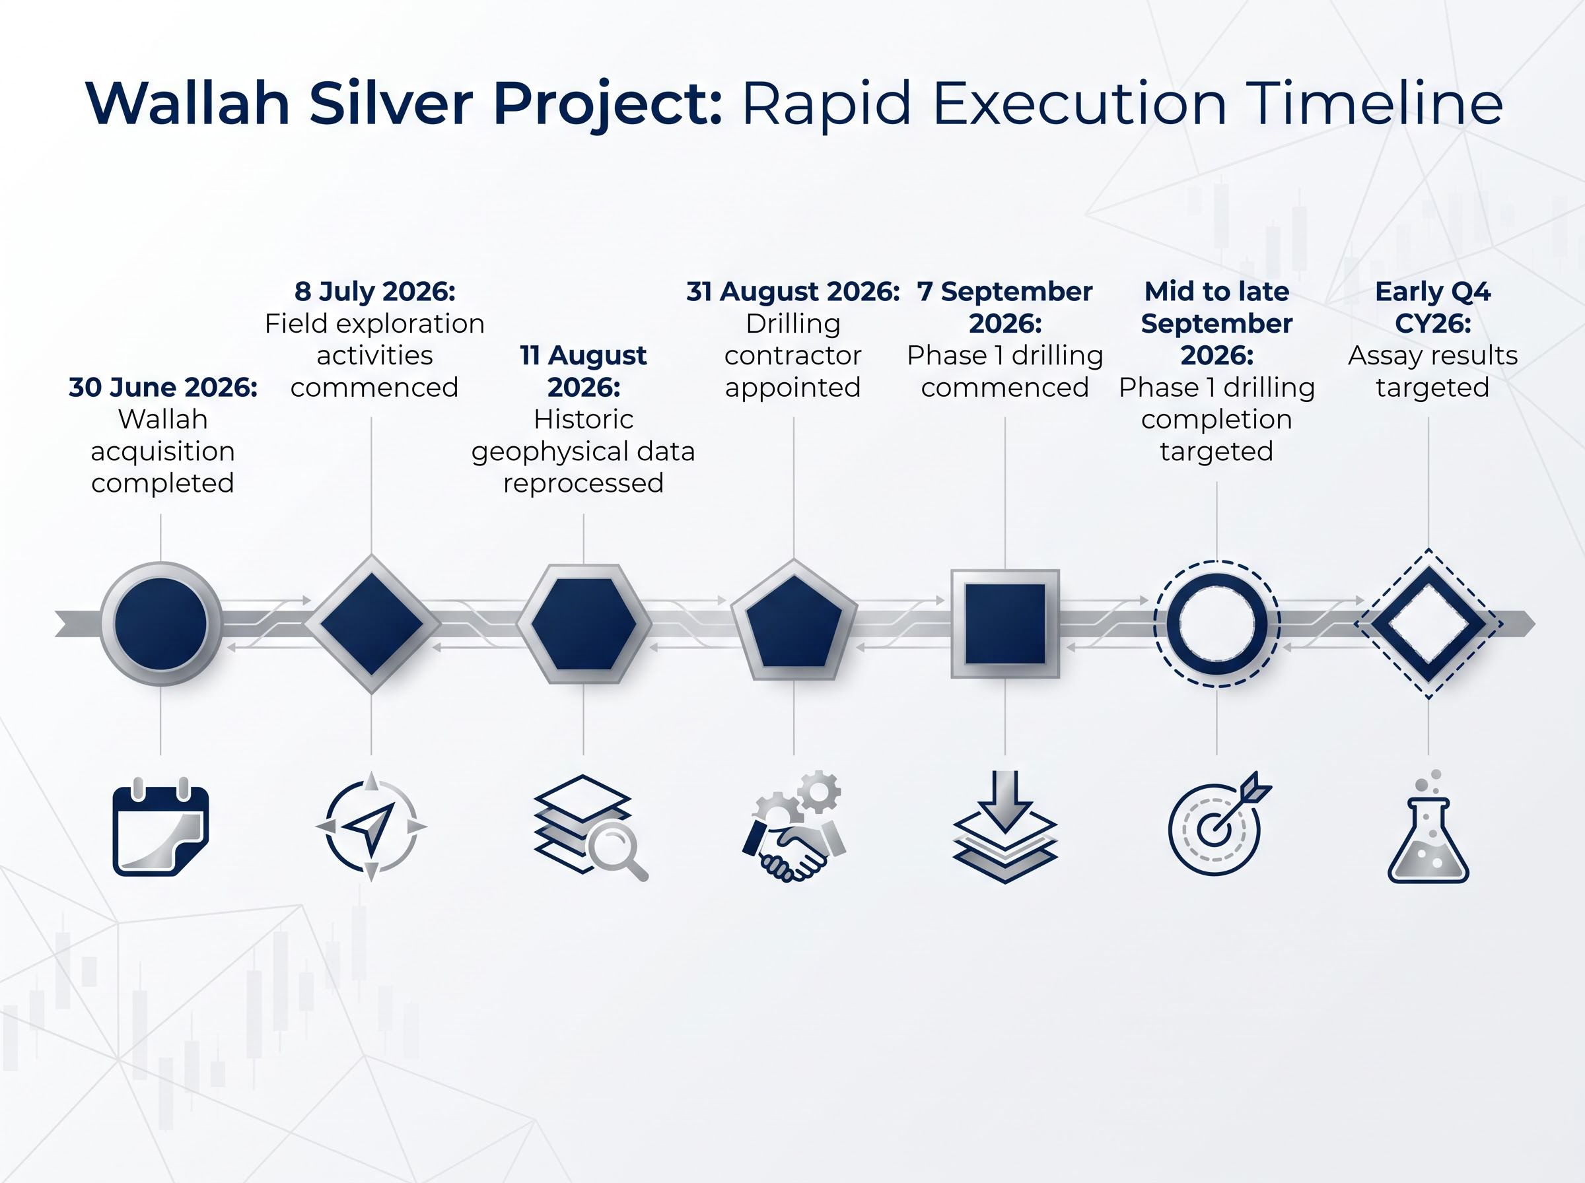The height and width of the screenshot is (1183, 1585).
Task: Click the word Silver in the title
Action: point(390,103)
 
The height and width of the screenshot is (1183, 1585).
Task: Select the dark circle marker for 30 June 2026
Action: point(160,624)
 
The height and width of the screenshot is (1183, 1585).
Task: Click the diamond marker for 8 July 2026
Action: point(372,624)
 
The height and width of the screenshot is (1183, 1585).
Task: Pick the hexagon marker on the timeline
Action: point(584,624)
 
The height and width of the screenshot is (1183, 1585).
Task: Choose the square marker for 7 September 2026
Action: point(1005,624)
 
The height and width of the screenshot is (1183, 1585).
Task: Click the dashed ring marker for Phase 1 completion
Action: point(1217,624)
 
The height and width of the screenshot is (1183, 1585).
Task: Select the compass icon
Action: point(371,827)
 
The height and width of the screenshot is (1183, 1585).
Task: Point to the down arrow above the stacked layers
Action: point(1005,801)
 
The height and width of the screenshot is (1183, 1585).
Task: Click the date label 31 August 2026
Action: point(793,291)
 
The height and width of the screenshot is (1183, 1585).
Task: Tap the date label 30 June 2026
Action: point(162,388)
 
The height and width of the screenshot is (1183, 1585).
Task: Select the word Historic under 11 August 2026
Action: point(584,419)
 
